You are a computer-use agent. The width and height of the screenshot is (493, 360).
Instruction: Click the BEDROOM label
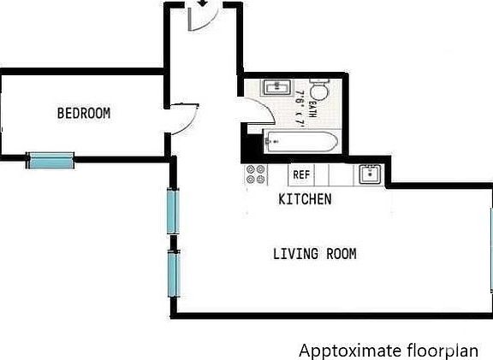[83, 113]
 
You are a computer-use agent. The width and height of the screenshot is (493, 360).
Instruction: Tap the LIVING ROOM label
[314, 254]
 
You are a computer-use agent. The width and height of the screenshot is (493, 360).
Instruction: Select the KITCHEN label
[305, 199]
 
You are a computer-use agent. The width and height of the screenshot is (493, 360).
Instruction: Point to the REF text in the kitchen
[300, 174]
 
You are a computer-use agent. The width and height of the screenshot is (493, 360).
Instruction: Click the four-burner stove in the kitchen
[255, 174]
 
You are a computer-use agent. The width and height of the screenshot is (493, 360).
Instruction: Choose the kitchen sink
[370, 174]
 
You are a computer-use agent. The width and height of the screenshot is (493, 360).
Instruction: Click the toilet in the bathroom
[319, 91]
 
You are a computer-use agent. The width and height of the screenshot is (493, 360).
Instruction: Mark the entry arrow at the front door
[202, 4]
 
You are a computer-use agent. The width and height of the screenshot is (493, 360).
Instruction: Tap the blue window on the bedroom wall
[50, 159]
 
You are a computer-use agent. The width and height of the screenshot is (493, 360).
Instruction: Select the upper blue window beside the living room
[173, 211]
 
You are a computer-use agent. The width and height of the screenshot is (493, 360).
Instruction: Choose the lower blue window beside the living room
[173, 272]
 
